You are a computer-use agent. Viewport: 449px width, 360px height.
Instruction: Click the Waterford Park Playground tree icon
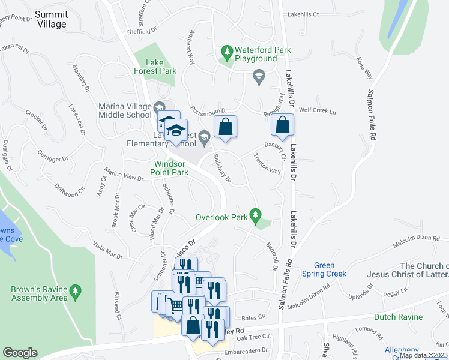(x=228, y=53)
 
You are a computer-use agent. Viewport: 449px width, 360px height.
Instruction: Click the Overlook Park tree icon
(x=256, y=214)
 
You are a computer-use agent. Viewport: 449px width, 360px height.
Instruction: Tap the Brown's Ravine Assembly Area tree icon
(x=75, y=292)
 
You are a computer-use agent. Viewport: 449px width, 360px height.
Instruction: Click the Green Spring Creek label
(x=331, y=269)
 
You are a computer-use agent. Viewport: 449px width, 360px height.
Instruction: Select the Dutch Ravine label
(x=398, y=317)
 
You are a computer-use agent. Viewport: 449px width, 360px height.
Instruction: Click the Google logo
(x=20, y=353)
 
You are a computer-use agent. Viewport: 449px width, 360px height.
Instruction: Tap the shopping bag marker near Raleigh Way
(x=282, y=125)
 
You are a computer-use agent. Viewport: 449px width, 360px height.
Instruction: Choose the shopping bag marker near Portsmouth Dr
(x=225, y=127)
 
